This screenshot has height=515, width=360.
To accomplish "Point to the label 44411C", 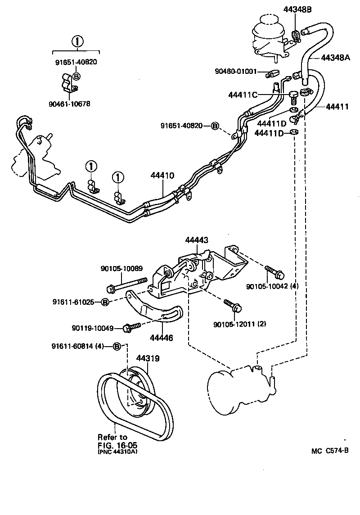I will [x=243, y=95].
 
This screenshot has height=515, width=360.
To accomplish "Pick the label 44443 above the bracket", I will [x=197, y=241].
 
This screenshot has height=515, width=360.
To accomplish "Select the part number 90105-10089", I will [x=121, y=269].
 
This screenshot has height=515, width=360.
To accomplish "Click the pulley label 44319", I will [x=148, y=359].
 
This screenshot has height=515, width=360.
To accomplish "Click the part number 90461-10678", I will [x=69, y=104].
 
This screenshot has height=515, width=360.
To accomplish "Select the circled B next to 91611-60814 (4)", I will [x=117, y=346].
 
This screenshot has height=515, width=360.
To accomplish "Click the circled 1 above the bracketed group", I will [x=76, y=41].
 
